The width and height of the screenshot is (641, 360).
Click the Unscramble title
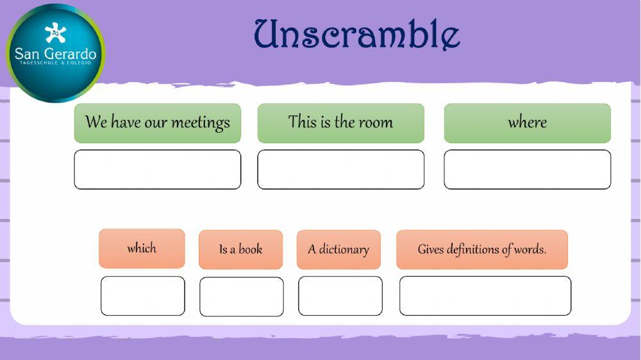click(357, 34)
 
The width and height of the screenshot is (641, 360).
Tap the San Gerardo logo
click(55, 53)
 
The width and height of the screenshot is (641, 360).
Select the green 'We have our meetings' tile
click(158, 123)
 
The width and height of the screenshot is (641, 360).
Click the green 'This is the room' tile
click(340, 123)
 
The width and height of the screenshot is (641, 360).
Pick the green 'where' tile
click(527, 123)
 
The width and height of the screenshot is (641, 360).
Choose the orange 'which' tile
click(142, 249)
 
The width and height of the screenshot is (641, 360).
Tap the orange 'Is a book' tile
click(240, 249)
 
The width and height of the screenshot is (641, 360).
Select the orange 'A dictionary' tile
click(338, 249)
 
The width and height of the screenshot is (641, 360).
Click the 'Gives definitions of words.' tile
click(482, 249)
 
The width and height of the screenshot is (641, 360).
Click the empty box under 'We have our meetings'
click(158, 170)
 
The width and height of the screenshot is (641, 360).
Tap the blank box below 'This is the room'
click(340, 170)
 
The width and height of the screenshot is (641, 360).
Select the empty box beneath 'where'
click(527, 170)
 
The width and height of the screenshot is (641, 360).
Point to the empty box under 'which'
click(142, 296)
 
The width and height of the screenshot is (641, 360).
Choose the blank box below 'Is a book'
click(241, 297)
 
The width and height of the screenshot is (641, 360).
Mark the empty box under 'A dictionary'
click(340, 296)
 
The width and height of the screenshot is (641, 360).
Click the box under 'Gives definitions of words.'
click(485, 296)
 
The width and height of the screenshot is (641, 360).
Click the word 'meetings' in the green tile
click(200, 122)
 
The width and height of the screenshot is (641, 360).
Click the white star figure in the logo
click(55, 33)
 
